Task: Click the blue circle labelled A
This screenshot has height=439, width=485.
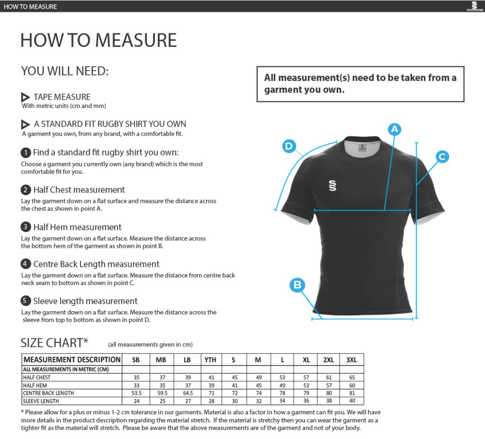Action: tap(394, 129)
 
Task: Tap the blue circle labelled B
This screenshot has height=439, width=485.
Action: tap(297, 285)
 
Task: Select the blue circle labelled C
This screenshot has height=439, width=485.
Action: tap(442, 157)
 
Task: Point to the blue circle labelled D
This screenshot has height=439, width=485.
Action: tap(289, 146)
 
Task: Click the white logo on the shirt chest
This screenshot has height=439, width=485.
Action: tap(333, 186)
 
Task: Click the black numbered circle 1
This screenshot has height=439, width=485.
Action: tap(26, 153)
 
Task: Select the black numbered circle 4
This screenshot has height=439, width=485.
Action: tap(26, 264)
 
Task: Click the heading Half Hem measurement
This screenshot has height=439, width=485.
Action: tap(77, 227)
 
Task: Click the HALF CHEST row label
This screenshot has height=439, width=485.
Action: tap(37, 377)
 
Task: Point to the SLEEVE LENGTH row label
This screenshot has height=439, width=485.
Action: tap(41, 401)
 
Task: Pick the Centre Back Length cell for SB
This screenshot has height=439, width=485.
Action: tap(136, 393)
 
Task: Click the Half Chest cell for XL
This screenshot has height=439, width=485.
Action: tap(306, 377)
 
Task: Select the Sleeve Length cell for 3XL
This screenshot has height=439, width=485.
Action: tap(352, 401)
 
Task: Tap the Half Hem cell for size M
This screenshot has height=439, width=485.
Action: tap(258, 385)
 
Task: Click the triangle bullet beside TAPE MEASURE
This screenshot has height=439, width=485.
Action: tap(26, 97)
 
